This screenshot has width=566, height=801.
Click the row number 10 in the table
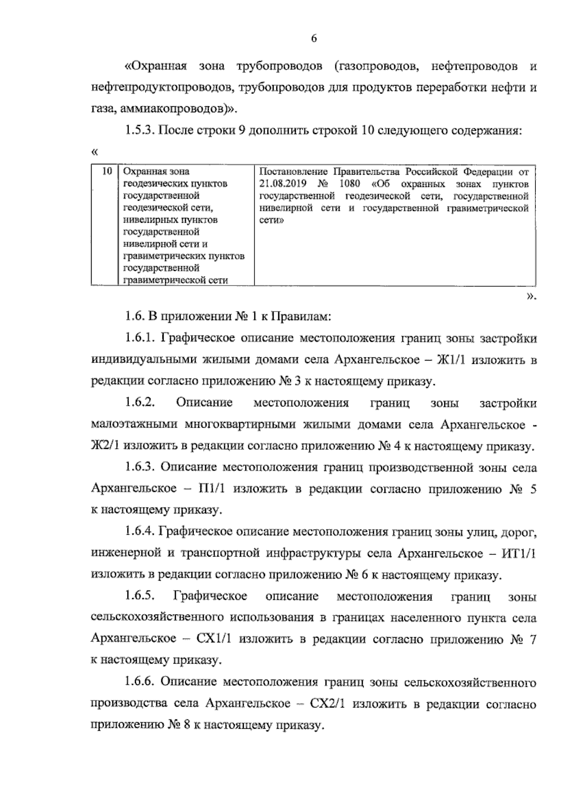[107, 171]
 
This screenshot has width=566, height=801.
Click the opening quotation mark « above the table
[95, 152]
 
